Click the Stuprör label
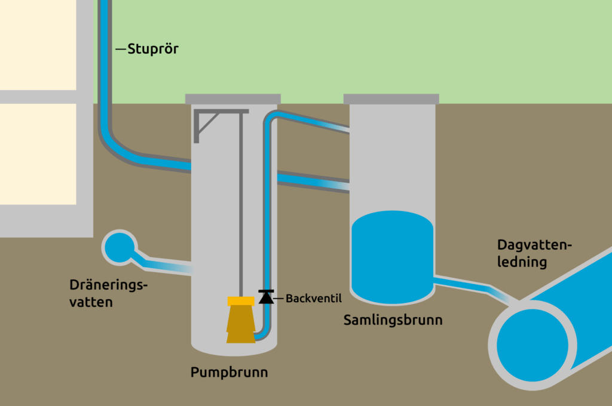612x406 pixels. pos(153,49)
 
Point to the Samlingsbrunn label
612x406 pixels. pos(393,320)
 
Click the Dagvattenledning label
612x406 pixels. pos(534,254)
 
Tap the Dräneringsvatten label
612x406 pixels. pos(108,293)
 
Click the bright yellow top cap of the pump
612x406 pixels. pos(241,301)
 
